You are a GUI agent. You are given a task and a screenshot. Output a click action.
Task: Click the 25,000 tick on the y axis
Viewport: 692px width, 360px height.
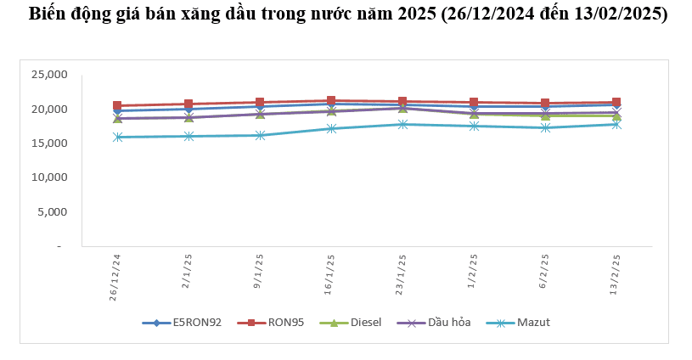coord(50,75)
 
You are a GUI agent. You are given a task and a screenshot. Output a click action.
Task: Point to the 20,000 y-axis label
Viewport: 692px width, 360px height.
coord(50,110)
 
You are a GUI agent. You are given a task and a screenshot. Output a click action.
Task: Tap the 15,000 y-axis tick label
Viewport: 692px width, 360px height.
coord(50,143)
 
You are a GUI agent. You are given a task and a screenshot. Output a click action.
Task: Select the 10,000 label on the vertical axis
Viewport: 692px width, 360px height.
coord(50,177)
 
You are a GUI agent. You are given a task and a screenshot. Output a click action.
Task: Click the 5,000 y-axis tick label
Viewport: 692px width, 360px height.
coord(53,212)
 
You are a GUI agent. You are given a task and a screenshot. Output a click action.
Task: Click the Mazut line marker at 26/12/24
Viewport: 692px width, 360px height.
coord(117,137)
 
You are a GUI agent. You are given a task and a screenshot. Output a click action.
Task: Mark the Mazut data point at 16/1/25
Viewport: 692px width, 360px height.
coord(331,128)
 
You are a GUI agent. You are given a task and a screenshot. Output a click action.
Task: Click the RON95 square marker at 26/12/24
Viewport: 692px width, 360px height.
coord(117,106)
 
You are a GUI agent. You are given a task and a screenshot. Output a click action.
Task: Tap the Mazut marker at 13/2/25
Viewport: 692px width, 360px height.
coord(616,124)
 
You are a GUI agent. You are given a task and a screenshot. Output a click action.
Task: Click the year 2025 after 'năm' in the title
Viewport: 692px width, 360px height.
coord(414,14)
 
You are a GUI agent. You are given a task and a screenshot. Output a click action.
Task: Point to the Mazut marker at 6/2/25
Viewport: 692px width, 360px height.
coord(545,127)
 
